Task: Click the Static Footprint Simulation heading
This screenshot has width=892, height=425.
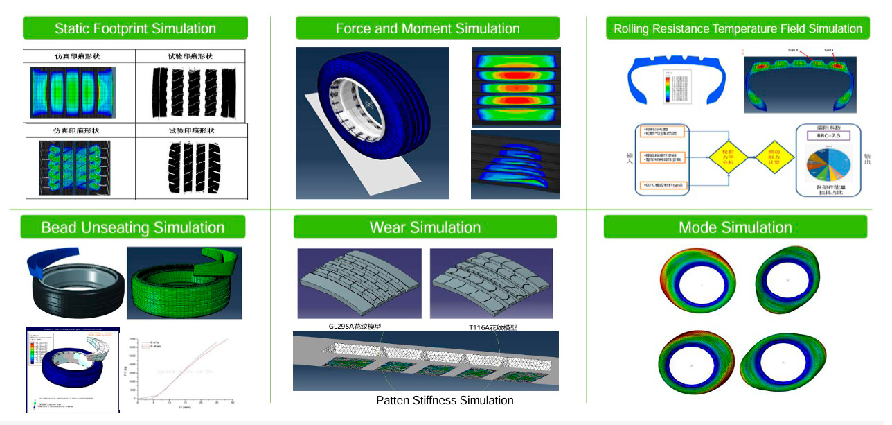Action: (135, 28)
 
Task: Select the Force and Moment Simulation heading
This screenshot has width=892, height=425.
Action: (427, 28)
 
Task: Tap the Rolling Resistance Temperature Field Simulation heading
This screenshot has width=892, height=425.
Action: (738, 28)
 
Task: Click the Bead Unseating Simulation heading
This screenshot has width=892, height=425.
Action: (133, 227)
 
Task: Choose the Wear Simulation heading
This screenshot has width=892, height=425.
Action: (425, 227)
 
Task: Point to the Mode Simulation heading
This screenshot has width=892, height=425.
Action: (735, 227)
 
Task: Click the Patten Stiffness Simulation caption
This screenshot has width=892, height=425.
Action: (445, 400)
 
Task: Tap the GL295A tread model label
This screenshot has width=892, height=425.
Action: (355, 326)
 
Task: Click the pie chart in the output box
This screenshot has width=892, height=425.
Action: (828, 167)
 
